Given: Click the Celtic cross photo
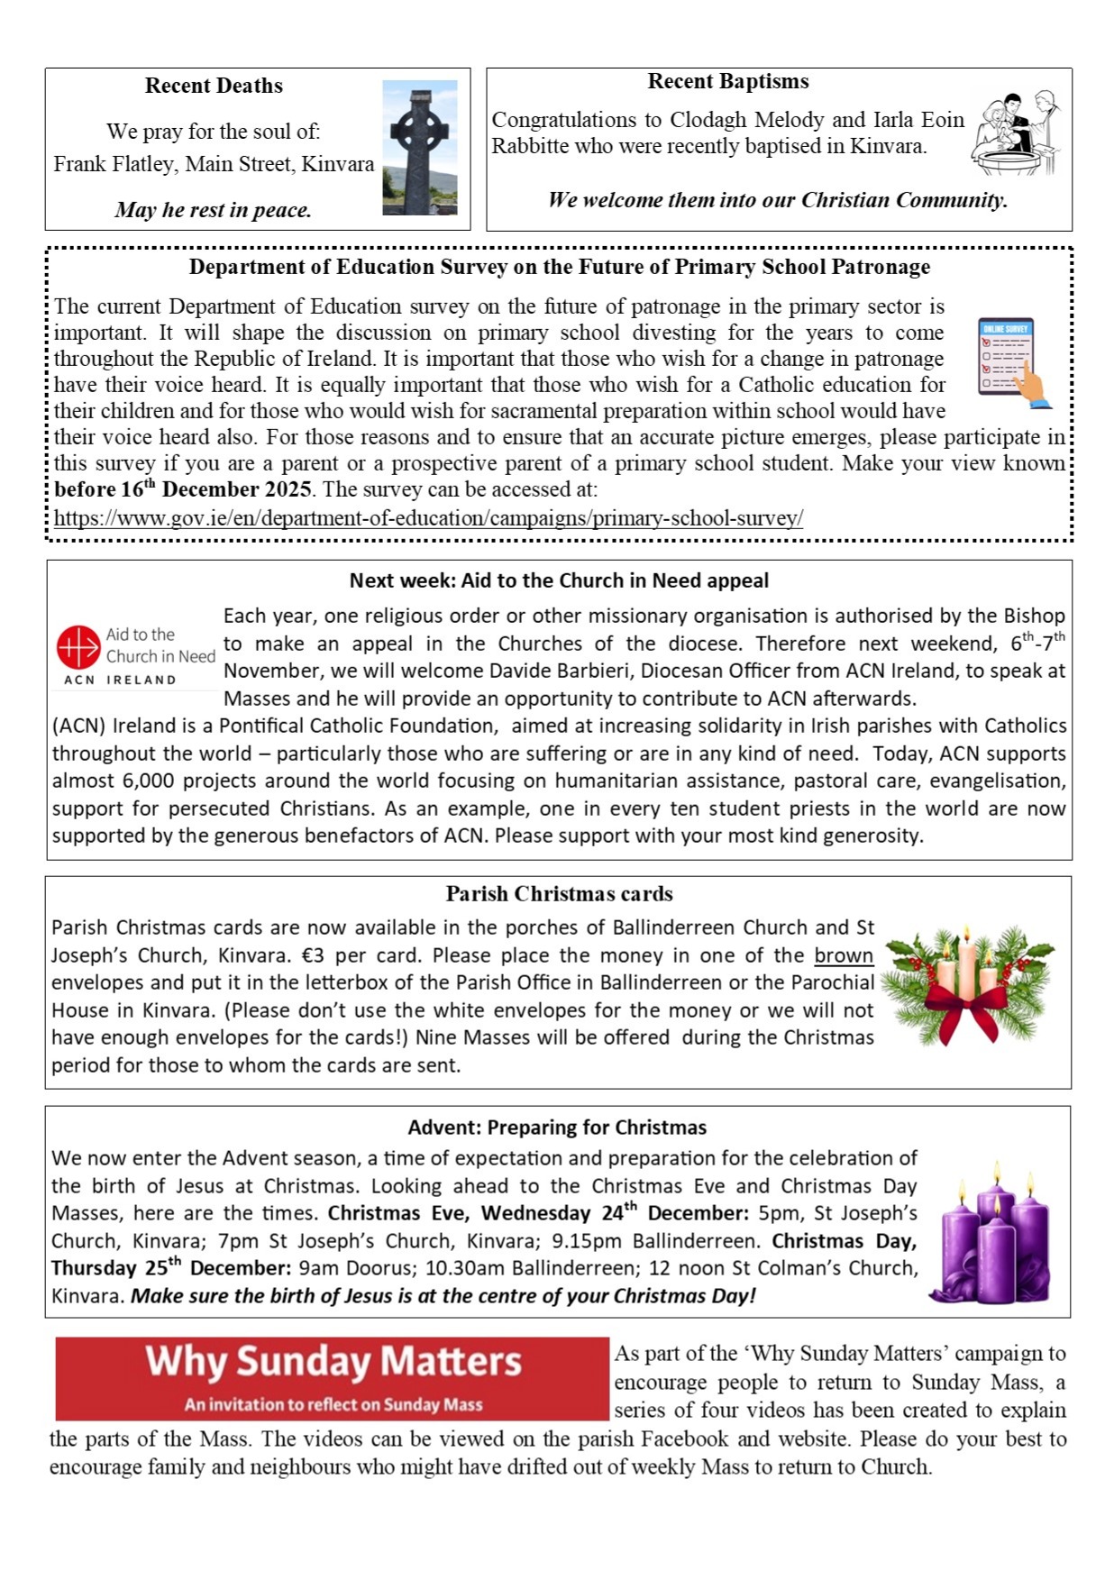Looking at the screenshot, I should click(x=419, y=148).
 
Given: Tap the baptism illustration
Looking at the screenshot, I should click(x=1016, y=133).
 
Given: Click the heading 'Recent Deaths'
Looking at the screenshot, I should click(x=214, y=86).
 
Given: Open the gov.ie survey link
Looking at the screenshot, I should click(x=428, y=518).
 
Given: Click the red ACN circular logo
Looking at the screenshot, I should click(x=78, y=647).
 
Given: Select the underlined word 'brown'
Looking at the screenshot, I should click(x=844, y=955).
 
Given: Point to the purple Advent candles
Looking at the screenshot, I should click(x=994, y=1239).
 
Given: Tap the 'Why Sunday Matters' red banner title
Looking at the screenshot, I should click(x=333, y=1363).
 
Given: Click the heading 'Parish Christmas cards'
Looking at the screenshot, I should click(x=559, y=894).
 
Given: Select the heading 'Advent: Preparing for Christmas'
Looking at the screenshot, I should click(x=557, y=1128).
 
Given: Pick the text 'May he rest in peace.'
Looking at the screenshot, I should click(x=214, y=210).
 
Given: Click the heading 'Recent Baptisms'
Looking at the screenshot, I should click(x=728, y=81).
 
